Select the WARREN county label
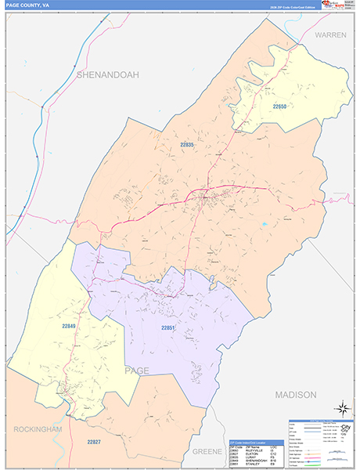point(331,36)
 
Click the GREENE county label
point(207,452)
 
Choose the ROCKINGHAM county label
point(37,429)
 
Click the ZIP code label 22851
point(170,327)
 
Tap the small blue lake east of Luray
point(265,225)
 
